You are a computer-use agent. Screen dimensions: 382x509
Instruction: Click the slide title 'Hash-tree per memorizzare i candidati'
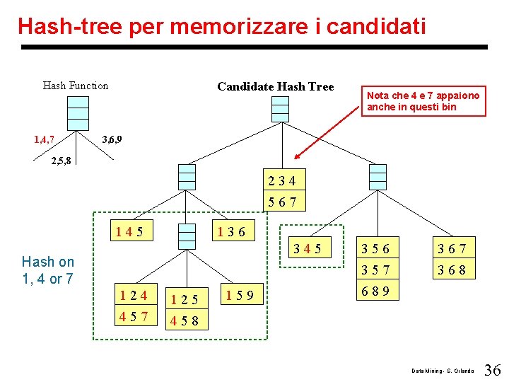[x=221, y=26]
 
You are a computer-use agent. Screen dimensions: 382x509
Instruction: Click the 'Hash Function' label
[x=76, y=86]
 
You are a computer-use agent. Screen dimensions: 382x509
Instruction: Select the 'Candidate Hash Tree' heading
[x=275, y=86]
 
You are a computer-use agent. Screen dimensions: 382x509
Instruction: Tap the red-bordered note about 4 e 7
[x=423, y=101]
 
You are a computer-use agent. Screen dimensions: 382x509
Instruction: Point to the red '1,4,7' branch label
[x=45, y=139]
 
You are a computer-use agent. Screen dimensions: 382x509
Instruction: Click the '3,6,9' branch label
[x=112, y=139]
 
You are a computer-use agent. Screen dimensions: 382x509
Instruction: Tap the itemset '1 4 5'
[x=130, y=231]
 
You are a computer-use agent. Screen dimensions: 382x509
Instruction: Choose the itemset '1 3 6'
[x=232, y=231]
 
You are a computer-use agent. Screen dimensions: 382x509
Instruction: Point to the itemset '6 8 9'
[x=375, y=291]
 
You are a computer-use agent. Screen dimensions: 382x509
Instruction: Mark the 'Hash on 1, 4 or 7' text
[x=48, y=270]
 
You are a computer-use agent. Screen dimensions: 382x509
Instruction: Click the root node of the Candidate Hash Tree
[x=281, y=109]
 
